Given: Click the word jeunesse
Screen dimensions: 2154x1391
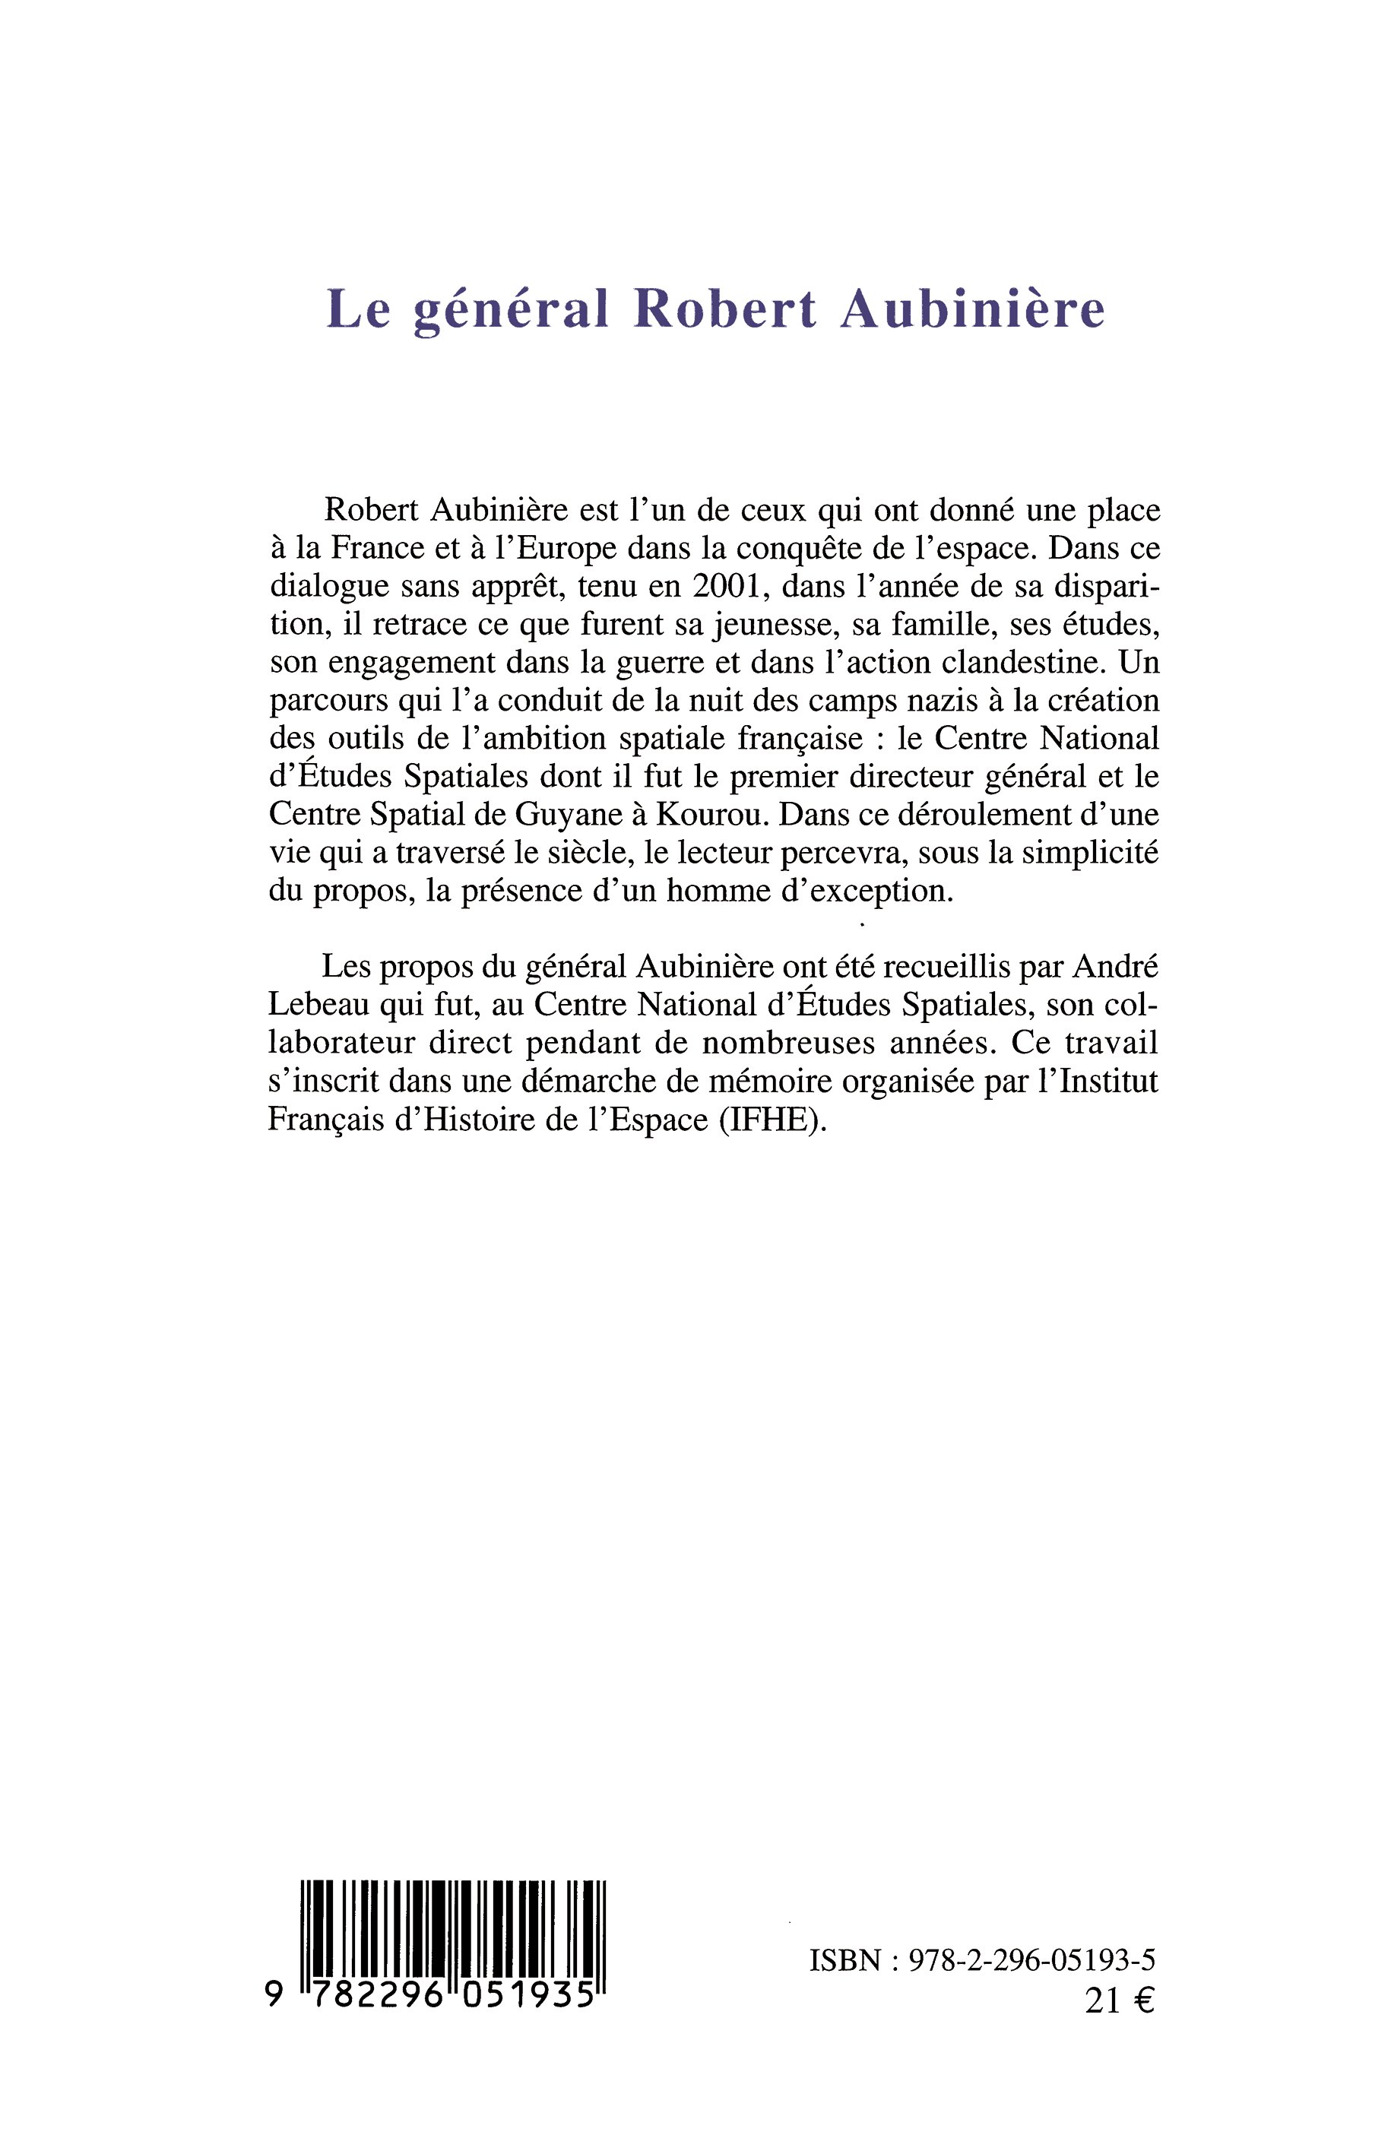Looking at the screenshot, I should (748, 625).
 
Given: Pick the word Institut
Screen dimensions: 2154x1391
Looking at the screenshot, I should (1108, 1081).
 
